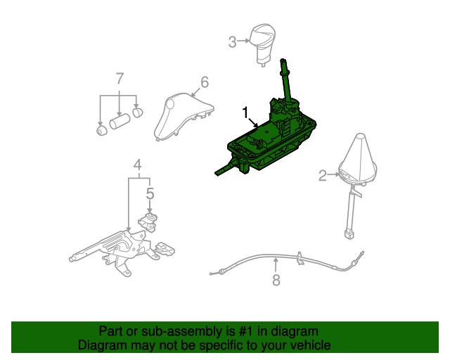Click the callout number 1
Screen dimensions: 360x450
pos(245,112)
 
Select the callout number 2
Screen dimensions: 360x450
pos(323,176)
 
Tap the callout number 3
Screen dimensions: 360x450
pos(233,42)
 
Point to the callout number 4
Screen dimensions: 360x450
pos(139,166)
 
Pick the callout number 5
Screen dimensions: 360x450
pos(149,192)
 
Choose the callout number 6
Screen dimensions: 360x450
pos(205,82)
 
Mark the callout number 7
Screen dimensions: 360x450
pos(120,77)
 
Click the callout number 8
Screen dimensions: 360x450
pos(276,281)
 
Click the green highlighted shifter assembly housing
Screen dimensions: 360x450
pos(267,144)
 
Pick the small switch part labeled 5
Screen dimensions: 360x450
pos(149,221)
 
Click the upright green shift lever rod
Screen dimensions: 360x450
pos(286,84)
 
